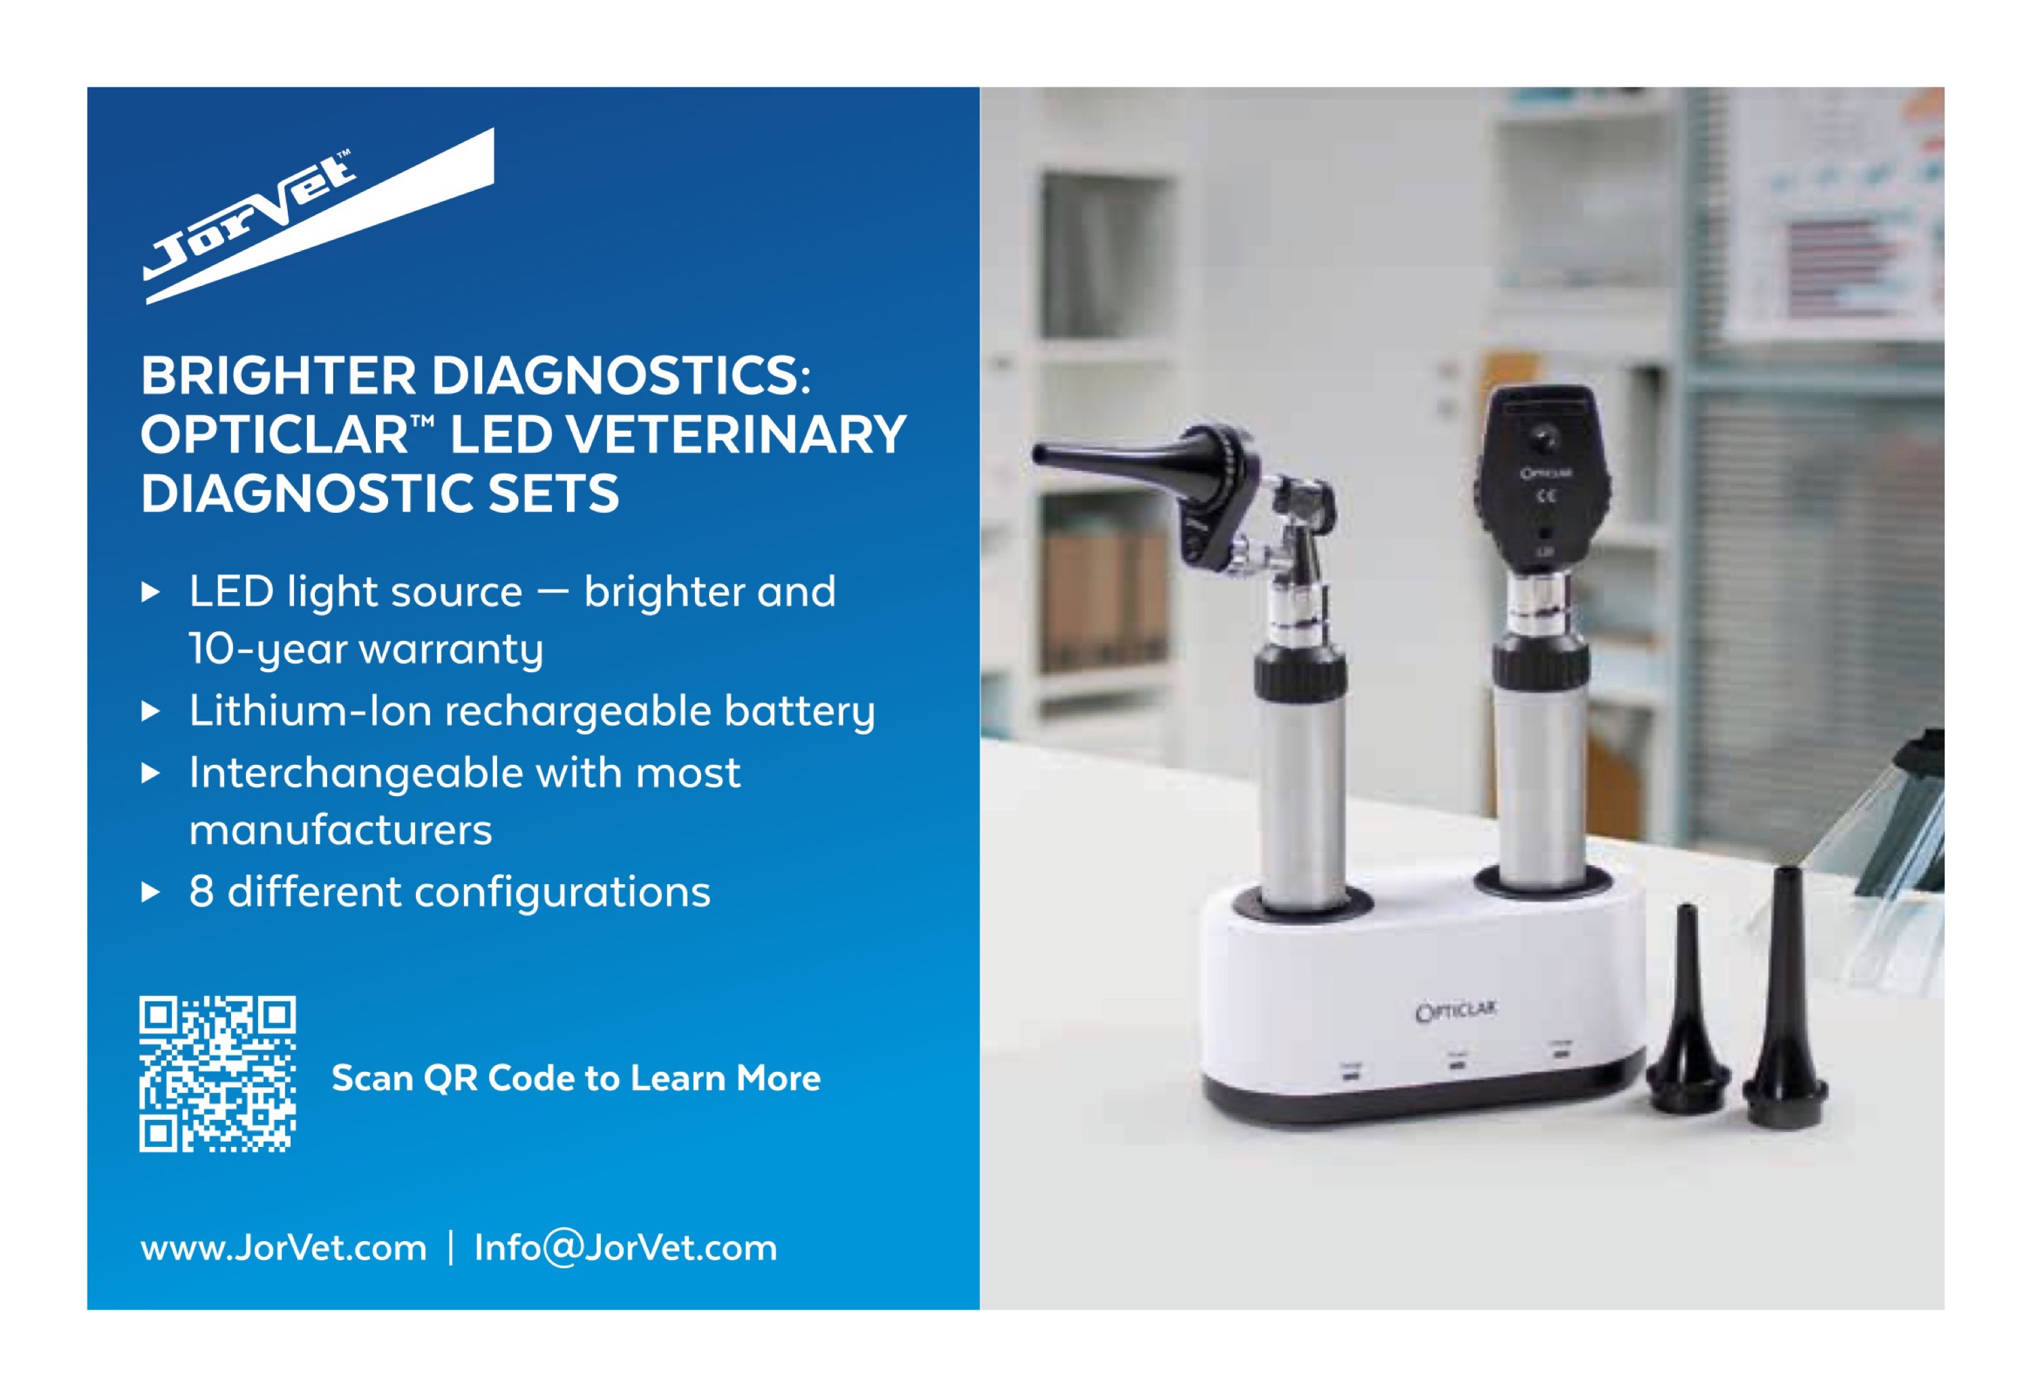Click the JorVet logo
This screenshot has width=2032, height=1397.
318,217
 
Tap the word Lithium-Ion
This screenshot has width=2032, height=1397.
310,710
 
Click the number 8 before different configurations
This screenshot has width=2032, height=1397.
201,893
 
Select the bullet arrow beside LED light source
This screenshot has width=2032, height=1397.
150,593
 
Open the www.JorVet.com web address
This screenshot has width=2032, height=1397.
284,1248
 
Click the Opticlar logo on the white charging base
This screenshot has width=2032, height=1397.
1456,1011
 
